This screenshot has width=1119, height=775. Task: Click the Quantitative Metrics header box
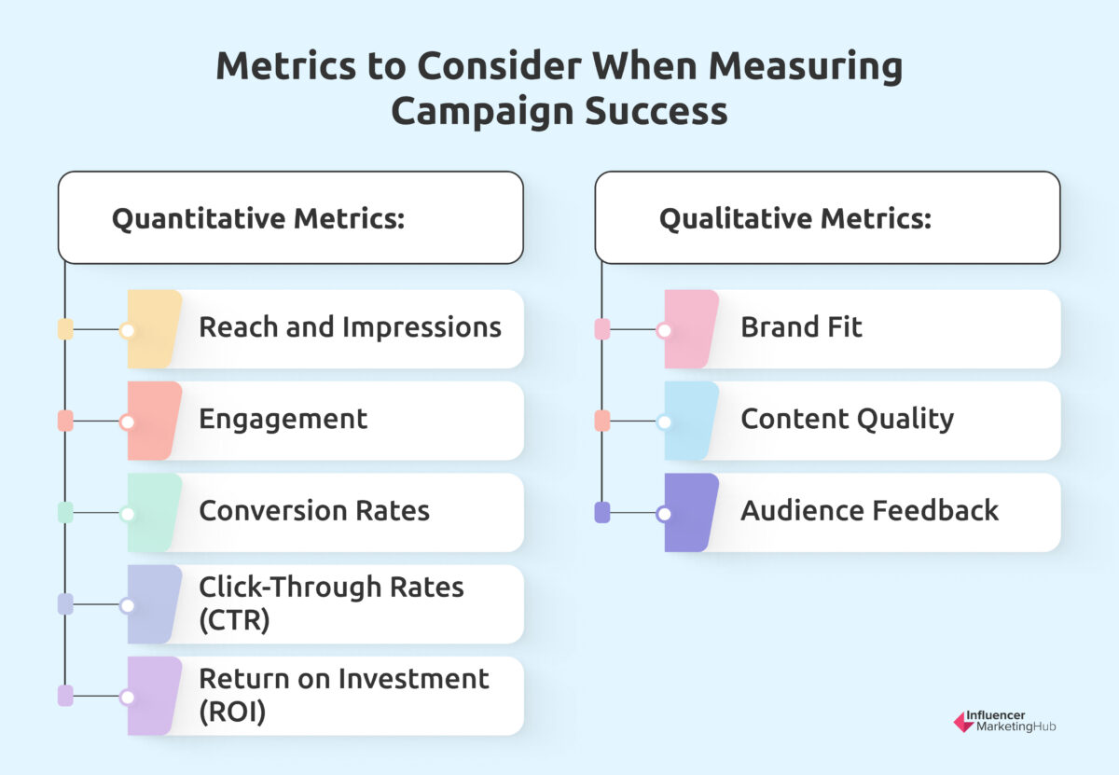pos(291,218)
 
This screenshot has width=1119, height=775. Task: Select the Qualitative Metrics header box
pos(827,218)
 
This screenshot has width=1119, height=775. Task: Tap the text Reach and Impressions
pos(350,327)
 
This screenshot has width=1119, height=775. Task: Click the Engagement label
pos(283,420)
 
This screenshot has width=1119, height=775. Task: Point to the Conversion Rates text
pos(314,511)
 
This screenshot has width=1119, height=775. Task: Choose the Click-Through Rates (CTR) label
pos(331,603)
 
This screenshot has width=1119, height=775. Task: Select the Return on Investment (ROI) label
pos(344,695)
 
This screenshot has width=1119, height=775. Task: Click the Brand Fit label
pos(801,327)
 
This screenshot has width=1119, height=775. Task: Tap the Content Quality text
pos(848,420)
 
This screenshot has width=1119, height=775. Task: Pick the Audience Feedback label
pos(870,511)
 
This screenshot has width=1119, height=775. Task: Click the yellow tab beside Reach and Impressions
pos(154,329)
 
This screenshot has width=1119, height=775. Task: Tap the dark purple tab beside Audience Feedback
pos(691,513)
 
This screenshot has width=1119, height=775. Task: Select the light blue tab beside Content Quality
pos(691,421)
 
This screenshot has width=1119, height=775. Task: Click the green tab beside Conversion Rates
pos(154,513)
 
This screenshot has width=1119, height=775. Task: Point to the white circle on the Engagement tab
pos(128,422)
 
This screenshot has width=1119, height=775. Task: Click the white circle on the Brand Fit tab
pos(664,330)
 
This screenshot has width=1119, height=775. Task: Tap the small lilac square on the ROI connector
pos(65,696)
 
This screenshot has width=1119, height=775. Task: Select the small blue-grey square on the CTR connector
pos(65,604)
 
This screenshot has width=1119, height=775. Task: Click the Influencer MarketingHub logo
pos(1004,722)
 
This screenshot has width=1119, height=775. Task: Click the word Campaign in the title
pos(483,112)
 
